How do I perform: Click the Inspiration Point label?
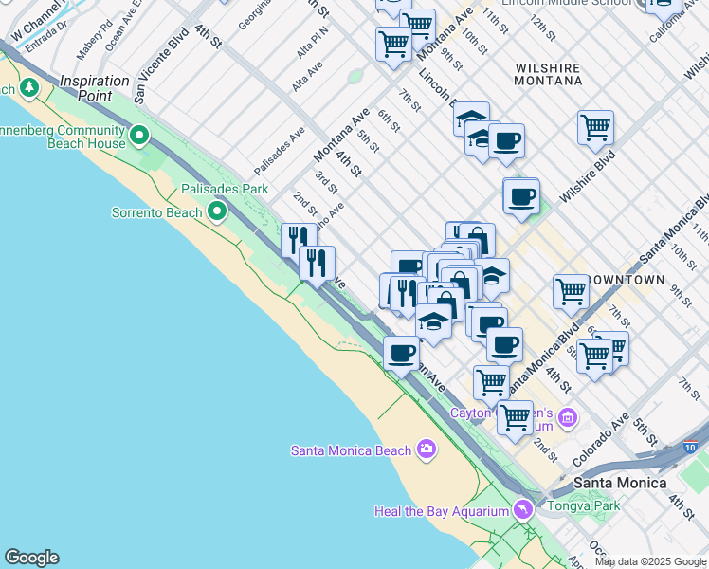[94, 88]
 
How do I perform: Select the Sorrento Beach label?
[156, 212]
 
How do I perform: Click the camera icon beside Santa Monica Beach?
[427, 449]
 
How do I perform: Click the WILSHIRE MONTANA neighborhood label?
[548, 74]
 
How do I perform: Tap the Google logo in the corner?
[31, 558]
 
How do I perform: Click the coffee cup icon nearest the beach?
[401, 354]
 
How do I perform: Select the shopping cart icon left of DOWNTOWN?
[571, 291]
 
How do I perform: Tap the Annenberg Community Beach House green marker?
[140, 137]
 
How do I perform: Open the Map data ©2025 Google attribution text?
[650, 561]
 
